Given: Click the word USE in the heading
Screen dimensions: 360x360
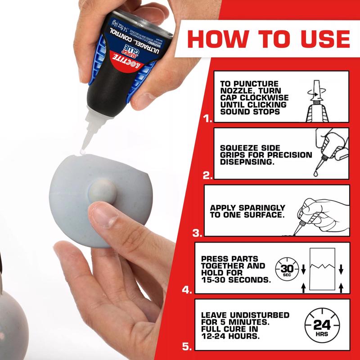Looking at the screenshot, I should point(321,39).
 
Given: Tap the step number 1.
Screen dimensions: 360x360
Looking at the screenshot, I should point(207,119).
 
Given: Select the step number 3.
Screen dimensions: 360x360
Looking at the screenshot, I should point(197,233).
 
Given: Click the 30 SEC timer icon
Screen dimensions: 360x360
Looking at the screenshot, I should point(284,269).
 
